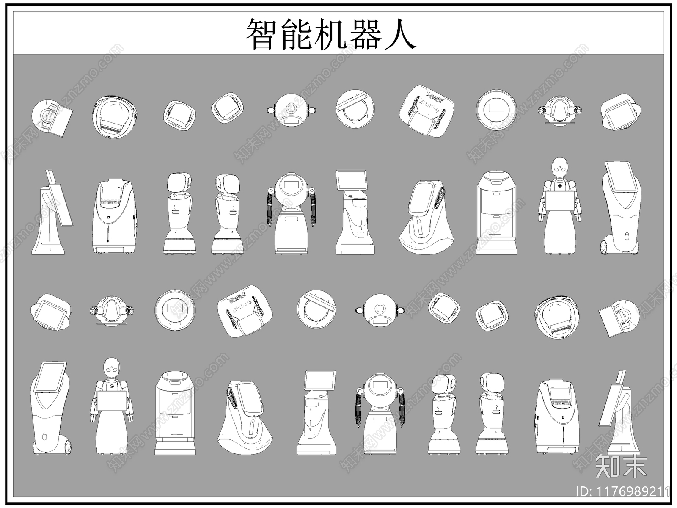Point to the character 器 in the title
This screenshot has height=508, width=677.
coord(365,34)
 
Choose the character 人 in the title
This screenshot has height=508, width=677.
coord(399,34)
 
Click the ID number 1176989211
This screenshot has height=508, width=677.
coord(624,491)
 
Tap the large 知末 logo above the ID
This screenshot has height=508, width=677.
coord(621,467)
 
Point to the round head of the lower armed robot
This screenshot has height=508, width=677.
coord(379,388)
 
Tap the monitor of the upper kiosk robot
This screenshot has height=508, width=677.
coord(352,181)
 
